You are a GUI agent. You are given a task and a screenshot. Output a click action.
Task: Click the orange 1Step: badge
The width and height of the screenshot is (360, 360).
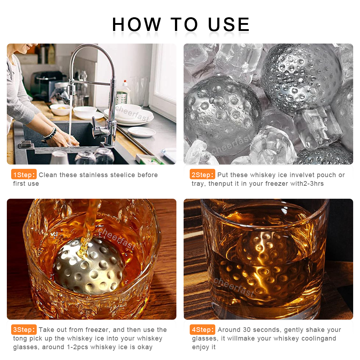[x=24, y=175]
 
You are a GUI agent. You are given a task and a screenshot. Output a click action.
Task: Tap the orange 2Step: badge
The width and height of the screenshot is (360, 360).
[x=202, y=175]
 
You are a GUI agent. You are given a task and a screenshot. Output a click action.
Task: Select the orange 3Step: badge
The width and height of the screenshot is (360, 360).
[x=24, y=329]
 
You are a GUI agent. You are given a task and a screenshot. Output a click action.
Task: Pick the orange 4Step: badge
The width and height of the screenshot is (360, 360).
[x=202, y=329]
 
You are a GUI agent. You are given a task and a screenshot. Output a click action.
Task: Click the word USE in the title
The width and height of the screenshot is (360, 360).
[x=229, y=24]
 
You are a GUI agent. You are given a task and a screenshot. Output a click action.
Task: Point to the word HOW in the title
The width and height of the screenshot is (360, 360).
[x=136, y=24]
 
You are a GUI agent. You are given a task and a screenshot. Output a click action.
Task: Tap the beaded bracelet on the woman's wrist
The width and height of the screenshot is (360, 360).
[x=50, y=134]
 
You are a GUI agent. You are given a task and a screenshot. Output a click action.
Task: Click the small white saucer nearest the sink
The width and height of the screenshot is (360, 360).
[x=141, y=132]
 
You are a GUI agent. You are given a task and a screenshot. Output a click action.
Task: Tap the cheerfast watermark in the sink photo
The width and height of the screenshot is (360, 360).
[x=132, y=113]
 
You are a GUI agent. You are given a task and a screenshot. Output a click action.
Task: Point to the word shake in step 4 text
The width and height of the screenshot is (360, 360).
[x=316, y=330]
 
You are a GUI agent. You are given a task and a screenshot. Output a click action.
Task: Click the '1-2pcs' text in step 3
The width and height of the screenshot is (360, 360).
[x=78, y=347]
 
